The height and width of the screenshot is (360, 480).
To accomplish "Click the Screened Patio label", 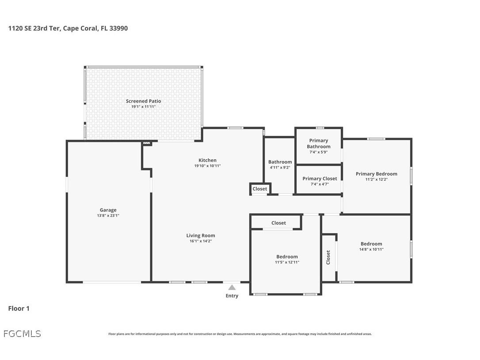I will (143, 101).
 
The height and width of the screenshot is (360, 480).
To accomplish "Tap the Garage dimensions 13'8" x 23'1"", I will (108, 216).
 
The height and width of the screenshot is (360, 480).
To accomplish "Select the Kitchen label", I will (207, 160).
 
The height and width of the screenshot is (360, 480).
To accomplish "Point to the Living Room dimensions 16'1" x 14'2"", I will (200, 241).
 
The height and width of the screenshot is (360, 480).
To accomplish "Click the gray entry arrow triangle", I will (232, 287).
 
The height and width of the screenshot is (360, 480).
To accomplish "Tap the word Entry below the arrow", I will (232, 296).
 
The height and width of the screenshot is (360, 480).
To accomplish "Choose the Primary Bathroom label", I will (318, 143).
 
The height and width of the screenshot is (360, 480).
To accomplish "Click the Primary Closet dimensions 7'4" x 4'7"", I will (320, 184).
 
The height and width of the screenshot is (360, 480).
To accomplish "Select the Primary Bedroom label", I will (376, 174).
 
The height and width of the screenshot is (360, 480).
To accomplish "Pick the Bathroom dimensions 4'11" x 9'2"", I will (280, 168).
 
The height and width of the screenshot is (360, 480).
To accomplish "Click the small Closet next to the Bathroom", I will (260, 189).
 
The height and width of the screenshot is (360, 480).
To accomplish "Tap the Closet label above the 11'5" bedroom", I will (278, 223).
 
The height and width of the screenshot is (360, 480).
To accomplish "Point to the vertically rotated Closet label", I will (328, 257).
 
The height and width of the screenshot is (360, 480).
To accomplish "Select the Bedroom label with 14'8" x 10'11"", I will (371, 244).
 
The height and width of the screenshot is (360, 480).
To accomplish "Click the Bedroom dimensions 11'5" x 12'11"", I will (287, 262).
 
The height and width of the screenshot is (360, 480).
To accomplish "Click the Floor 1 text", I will (19, 309).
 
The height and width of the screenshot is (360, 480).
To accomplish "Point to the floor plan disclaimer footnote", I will (240, 334).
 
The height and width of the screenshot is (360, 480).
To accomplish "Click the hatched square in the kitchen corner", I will (147, 143).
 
